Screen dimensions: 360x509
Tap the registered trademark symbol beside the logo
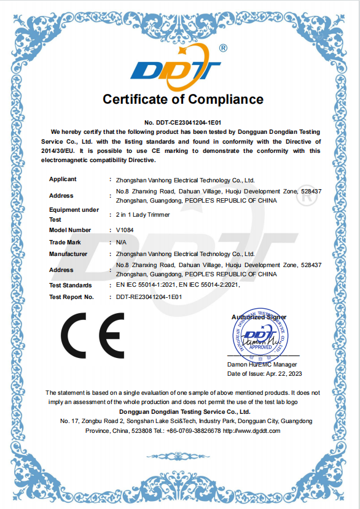(x=223, y=48)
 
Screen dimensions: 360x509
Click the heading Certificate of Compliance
(x=182, y=99)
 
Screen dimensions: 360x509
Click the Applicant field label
(x=63, y=179)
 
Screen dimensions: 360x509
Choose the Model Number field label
(x=70, y=230)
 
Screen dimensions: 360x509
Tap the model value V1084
(x=123, y=230)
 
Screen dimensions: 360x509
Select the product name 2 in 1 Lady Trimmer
(x=143, y=215)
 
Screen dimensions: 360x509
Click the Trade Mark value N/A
(x=121, y=243)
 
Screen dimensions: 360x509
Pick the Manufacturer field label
(x=68, y=254)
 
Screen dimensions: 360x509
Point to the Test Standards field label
(x=70, y=286)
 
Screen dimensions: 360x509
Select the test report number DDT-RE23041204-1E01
(x=149, y=297)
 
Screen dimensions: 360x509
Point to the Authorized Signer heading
(x=259, y=317)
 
